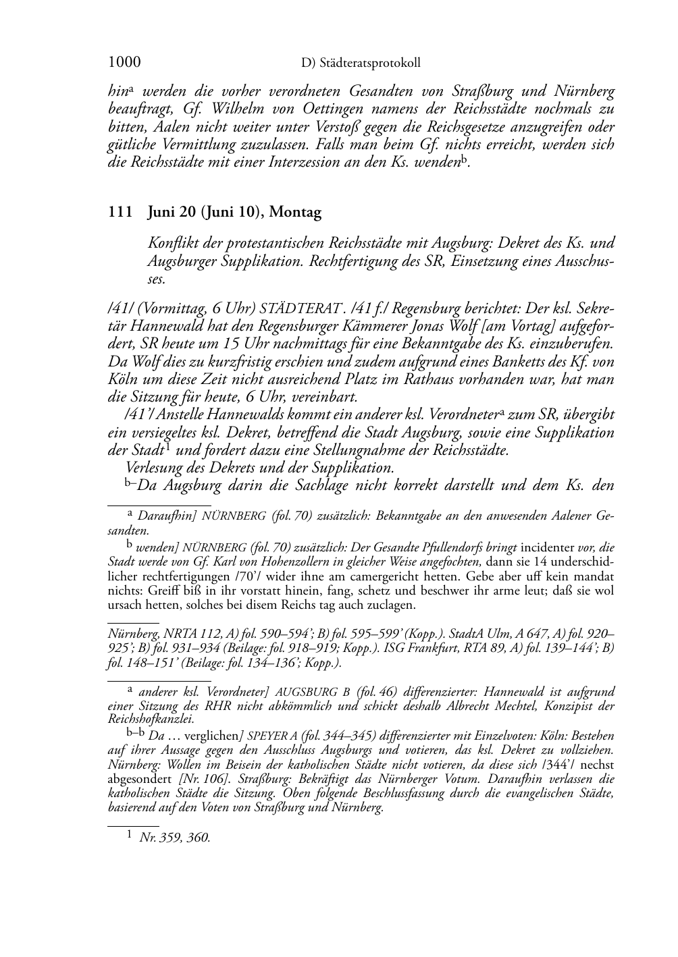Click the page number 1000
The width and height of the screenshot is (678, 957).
[x=124, y=63]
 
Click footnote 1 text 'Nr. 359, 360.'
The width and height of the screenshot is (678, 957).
[x=175, y=838]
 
